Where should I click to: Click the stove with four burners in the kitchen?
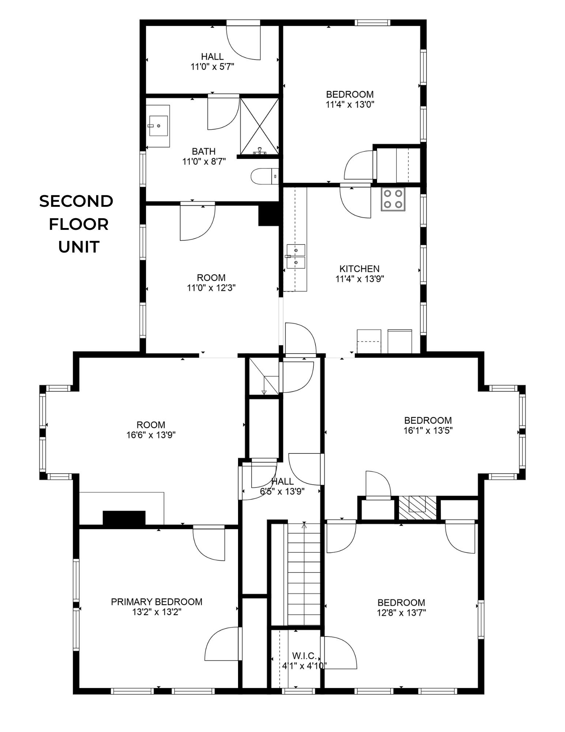tap(393, 199)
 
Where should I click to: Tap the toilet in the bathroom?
tap(263, 176)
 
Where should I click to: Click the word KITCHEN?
tap(359, 269)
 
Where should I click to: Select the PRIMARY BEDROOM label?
tap(157, 602)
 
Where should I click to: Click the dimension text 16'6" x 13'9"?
tap(151, 435)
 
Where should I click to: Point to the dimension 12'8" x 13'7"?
tap(401, 613)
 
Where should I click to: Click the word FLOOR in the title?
tap(79, 224)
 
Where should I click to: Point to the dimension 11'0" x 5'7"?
tap(212, 67)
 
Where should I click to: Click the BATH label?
tap(204, 151)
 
